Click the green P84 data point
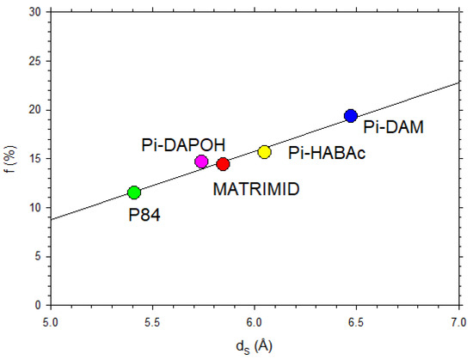[x=134, y=192]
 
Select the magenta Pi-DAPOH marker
[x=201, y=162]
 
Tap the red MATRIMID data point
[x=223, y=164]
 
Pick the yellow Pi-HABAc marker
[x=264, y=152]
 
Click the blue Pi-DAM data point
[x=350, y=116]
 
